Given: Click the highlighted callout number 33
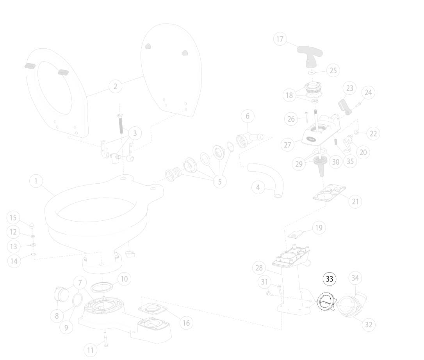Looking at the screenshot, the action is (x=330, y=279).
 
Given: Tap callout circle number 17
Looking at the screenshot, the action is (x=280, y=39).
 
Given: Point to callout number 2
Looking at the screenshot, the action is (x=116, y=87).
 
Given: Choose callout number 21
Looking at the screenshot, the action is (x=355, y=202).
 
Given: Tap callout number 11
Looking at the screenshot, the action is (x=90, y=350).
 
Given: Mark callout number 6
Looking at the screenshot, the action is (x=248, y=116).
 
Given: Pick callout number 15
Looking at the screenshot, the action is (x=13, y=218).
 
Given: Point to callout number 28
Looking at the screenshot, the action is (x=259, y=268).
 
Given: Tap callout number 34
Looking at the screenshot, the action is (x=355, y=278).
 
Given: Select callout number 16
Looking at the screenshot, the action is (x=186, y=323).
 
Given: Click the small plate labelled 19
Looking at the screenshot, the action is (x=296, y=234).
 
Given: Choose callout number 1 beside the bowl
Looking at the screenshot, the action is (x=36, y=181).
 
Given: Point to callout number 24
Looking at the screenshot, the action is (x=368, y=93).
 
